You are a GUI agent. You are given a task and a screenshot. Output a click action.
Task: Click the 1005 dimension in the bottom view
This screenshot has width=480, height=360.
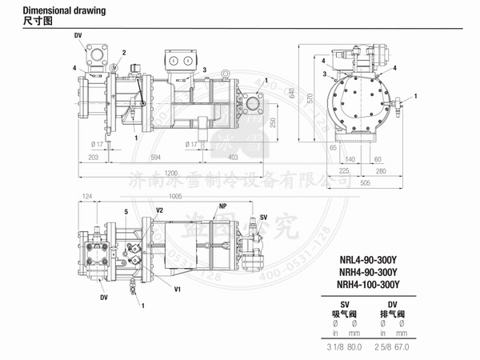click(x=175, y=195)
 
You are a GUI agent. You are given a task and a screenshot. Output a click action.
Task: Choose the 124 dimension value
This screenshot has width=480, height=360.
click(x=88, y=195)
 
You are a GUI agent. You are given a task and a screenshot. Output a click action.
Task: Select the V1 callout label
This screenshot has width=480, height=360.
click(x=178, y=287)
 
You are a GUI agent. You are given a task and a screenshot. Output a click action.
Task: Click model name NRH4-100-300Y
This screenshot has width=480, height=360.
click(x=367, y=283)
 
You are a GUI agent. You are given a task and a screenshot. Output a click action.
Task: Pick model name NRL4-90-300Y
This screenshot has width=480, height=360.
click(x=367, y=258)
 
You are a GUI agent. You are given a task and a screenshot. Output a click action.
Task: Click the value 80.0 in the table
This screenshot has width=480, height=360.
click(x=355, y=348)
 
